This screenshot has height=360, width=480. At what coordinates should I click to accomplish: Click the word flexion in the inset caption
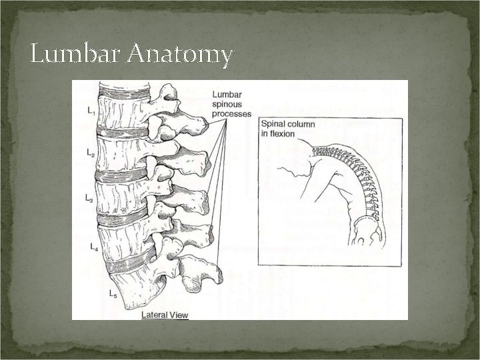click(x=277, y=133)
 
